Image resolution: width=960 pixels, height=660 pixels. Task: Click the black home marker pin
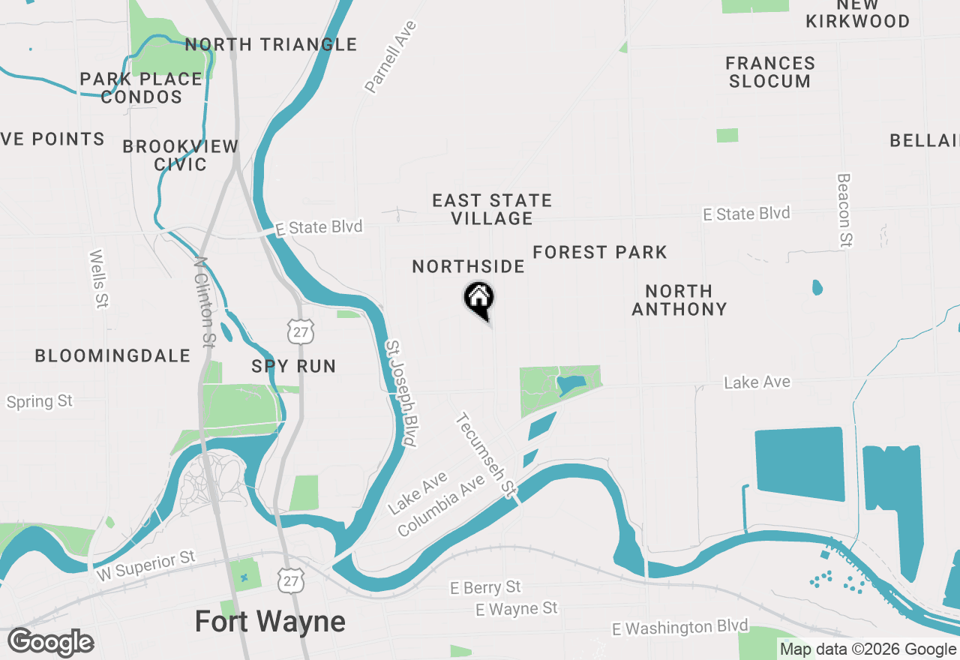(x=478, y=299)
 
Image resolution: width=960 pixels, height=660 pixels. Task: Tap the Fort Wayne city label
(x=270, y=622)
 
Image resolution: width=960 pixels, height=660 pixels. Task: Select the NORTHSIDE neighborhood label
(x=468, y=266)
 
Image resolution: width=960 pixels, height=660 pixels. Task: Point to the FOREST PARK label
(x=600, y=252)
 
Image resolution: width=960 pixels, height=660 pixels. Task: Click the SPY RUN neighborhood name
(x=293, y=366)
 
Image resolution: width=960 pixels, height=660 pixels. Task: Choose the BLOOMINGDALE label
(x=112, y=355)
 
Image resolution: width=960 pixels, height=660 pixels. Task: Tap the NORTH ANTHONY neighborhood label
(x=679, y=300)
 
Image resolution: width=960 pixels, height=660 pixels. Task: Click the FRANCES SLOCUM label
(x=770, y=72)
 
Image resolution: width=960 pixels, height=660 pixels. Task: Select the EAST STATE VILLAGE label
(x=492, y=209)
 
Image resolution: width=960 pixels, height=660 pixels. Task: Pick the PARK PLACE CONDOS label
(x=142, y=88)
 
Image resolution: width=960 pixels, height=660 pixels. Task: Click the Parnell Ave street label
(x=391, y=57)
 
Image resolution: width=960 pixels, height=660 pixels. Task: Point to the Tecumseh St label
(x=487, y=455)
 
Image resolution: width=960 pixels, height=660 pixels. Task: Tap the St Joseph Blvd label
(x=400, y=394)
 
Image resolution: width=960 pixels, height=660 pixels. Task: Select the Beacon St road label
(x=844, y=211)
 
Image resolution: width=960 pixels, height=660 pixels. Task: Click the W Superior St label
(x=146, y=567)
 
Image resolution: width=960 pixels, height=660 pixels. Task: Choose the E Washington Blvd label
(x=680, y=627)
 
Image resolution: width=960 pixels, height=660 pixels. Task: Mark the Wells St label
(x=99, y=279)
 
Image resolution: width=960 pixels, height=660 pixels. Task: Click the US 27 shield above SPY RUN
(x=301, y=331)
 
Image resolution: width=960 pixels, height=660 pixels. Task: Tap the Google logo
(x=51, y=643)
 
